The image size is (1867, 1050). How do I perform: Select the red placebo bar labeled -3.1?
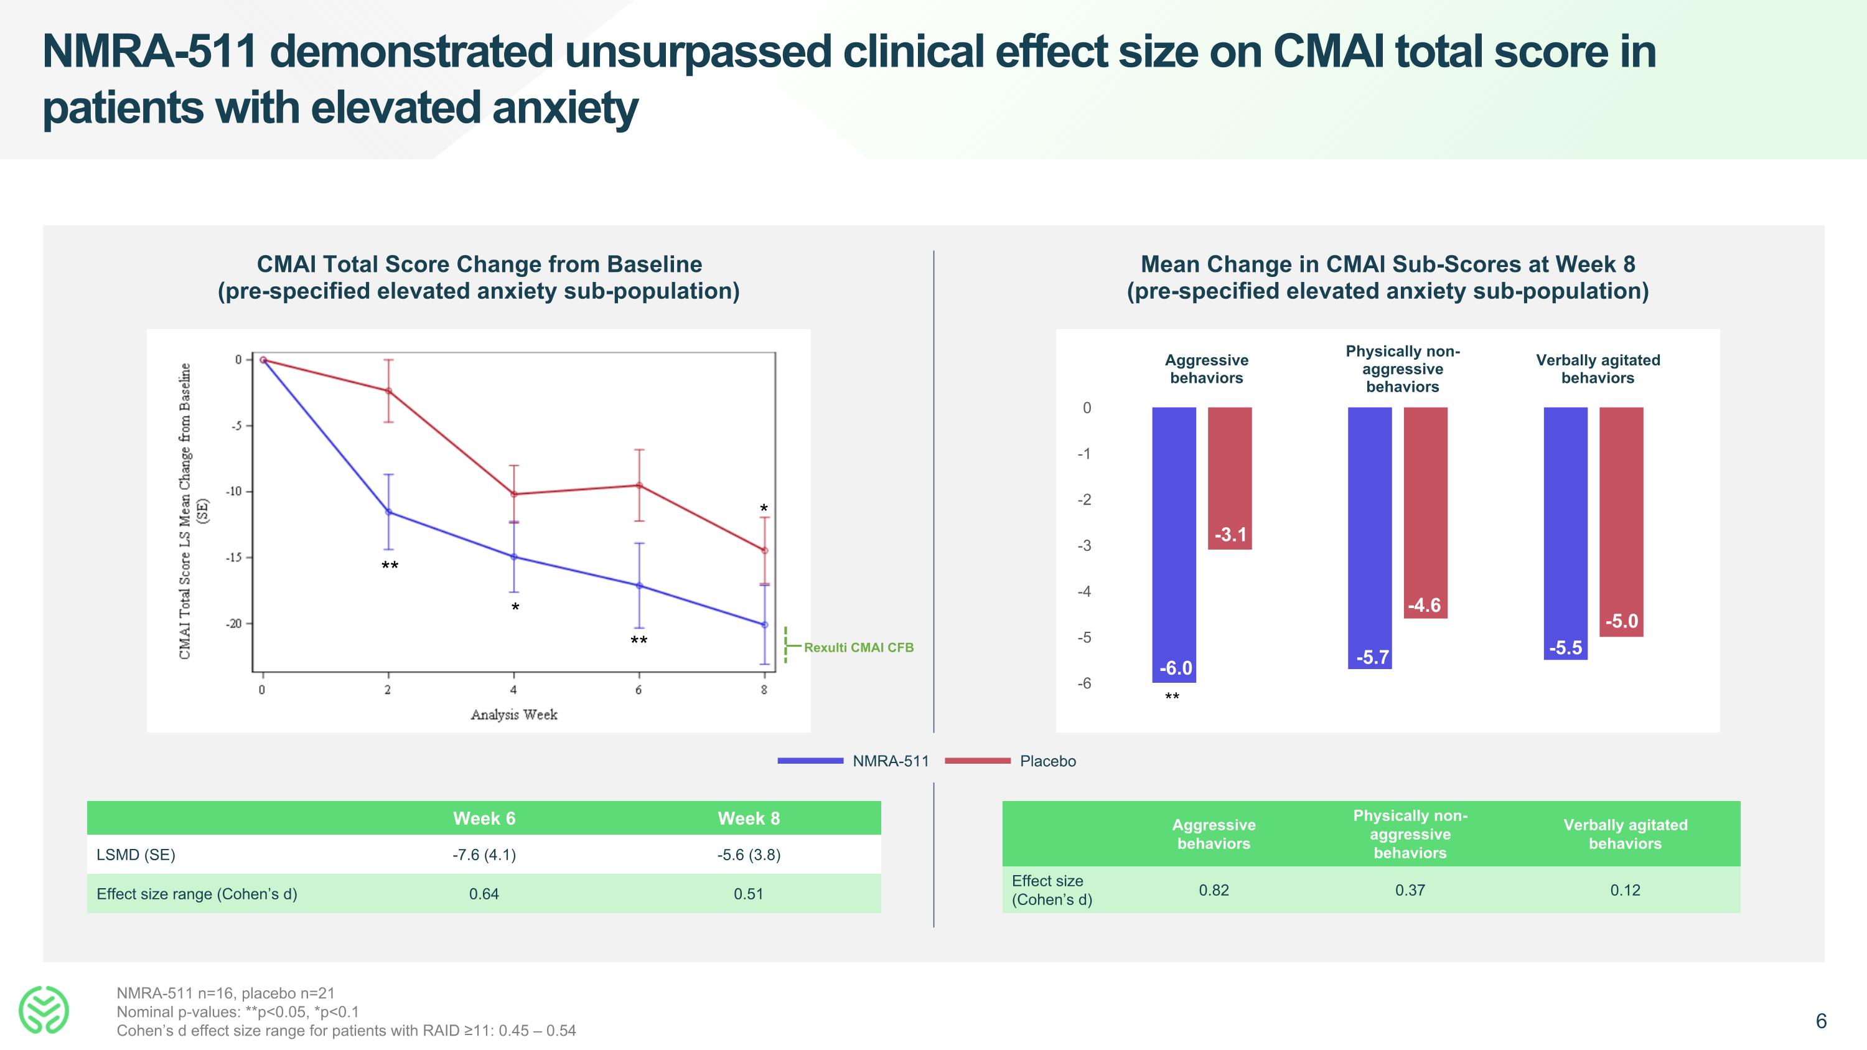point(1229,478)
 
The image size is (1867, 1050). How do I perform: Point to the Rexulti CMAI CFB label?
point(858,647)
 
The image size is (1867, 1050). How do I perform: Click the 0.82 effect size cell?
point(1214,890)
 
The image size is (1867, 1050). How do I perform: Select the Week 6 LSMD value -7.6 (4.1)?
point(484,855)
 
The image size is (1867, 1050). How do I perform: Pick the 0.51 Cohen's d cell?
point(748,894)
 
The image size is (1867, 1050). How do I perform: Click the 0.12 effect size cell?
point(1624,890)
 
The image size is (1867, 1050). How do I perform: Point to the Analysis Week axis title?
point(513,715)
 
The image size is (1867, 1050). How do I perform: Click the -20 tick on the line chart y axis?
point(233,623)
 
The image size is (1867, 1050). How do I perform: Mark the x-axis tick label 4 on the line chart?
point(513,690)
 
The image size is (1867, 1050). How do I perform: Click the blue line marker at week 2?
point(388,512)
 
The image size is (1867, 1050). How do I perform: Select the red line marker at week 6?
point(639,485)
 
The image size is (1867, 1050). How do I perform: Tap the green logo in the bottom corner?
point(44,1010)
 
